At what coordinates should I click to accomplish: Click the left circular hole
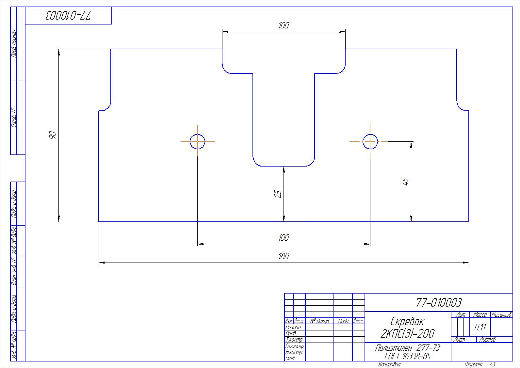tap(197, 134)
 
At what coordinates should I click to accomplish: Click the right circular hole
tap(370, 134)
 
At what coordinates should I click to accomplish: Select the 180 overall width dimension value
tap(284, 256)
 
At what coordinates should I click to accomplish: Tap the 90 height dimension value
tap(53, 135)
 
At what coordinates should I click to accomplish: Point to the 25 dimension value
tap(278, 194)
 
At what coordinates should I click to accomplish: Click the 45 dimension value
tap(405, 182)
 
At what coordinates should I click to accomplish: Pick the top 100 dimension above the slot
tap(284, 25)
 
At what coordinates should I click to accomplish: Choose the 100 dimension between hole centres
tap(284, 238)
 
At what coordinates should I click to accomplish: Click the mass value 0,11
tap(480, 327)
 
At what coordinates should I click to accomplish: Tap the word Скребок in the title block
tap(407, 321)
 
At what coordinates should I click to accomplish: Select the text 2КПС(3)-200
tap(407, 334)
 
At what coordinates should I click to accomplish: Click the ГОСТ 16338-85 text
tap(407, 356)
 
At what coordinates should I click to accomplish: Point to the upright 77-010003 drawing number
tap(439, 303)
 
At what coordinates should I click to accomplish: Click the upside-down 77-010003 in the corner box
tap(69, 16)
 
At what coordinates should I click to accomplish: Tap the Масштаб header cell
tap(501, 315)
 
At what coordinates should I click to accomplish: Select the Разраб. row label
tap(293, 328)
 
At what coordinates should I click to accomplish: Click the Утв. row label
tap(290, 359)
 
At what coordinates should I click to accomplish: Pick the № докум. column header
tap(320, 321)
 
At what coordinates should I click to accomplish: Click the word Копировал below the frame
tap(389, 364)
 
